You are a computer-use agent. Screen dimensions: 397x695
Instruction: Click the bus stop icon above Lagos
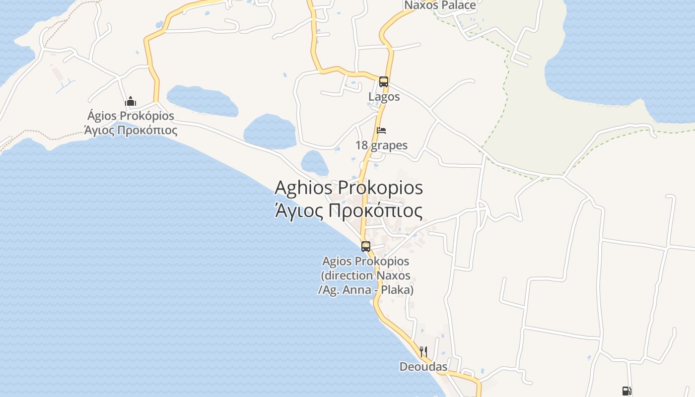coord(383,82)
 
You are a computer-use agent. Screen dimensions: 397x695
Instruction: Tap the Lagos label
coord(384,96)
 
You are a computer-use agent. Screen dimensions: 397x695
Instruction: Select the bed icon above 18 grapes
coord(381,131)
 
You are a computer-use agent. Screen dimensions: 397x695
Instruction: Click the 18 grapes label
coord(381,145)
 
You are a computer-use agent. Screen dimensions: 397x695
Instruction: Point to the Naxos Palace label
coord(440,5)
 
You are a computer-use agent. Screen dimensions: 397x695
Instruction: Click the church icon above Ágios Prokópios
coord(131,102)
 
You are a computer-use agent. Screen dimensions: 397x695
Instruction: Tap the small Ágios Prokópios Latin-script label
coord(131,116)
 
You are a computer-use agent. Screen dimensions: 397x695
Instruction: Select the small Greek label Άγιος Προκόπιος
coord(131,131)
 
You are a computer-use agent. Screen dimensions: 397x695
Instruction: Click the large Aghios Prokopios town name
coord(348,188)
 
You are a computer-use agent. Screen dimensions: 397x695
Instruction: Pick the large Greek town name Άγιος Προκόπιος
coord(348,211)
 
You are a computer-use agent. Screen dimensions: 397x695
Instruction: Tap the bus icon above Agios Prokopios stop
coord(366,246)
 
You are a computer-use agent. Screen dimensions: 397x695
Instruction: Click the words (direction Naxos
coord(366,275)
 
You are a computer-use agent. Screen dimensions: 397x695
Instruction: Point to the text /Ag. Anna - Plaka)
coord(366,290)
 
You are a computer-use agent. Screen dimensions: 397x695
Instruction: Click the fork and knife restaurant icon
coord(423,352)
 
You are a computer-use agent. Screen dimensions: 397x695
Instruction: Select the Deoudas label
coord(423,367)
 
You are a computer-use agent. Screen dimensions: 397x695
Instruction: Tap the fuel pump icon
coord(626,391)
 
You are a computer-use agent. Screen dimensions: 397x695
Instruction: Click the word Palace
coord(458,5)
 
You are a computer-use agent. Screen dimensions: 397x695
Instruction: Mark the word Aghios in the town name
coord(303,188)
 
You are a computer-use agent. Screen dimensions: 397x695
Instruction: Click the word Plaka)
coord(398,290)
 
